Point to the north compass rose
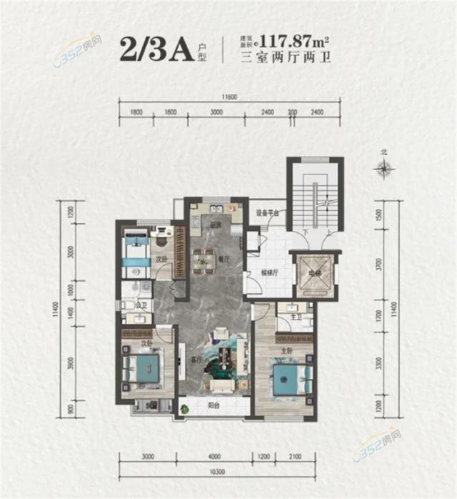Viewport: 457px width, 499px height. coord(384,169)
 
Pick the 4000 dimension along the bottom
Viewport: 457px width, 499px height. coord(216,456)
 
